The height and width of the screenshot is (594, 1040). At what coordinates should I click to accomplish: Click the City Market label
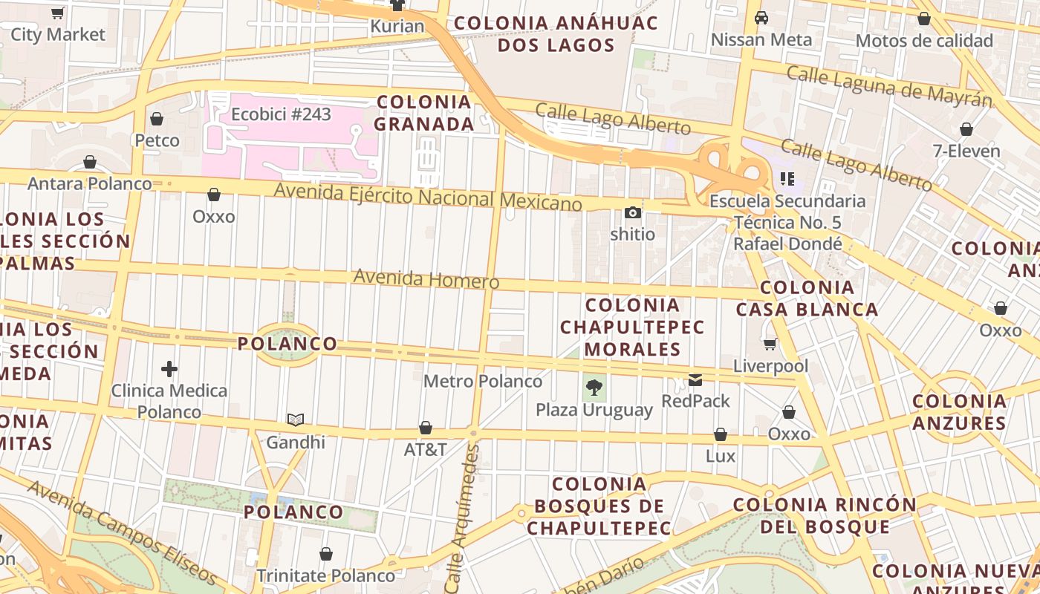click(x=58, y=34)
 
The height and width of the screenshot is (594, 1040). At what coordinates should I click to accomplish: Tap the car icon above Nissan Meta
click(x=761, y=18)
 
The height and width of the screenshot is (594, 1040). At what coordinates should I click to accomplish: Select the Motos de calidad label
click(x=924, y=41)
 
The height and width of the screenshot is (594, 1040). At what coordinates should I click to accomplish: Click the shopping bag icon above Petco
click(x=157, y=119)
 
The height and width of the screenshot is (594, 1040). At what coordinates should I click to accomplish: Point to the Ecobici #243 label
click(x=281, y=114)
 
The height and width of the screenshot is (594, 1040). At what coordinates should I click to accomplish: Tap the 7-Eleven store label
click(x=966, y=151)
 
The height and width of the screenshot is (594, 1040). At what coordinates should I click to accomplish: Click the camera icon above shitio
click(x=633, y=213)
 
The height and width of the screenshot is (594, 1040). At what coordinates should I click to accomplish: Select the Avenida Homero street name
click(x=426, y=279)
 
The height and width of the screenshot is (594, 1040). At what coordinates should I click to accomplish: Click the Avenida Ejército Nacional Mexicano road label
click(x=428, y=197)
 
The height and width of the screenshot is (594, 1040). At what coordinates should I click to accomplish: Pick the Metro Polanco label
click(x=483, y=382)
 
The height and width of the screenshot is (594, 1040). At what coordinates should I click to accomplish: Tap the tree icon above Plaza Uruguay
click(x=594, y=386)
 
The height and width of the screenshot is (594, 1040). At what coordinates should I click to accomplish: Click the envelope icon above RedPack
click(x=695, y=380)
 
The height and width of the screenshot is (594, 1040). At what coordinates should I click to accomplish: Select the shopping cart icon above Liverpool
click(x=770, y=344)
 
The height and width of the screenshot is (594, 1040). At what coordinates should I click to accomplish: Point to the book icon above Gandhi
click(x=296, y=420)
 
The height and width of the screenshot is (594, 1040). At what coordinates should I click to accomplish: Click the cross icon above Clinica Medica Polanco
click(x=169, y=368)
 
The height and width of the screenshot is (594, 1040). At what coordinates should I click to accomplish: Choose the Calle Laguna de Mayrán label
click(x=889, y=85)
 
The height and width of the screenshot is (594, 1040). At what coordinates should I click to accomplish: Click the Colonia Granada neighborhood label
click(x=424, y=113)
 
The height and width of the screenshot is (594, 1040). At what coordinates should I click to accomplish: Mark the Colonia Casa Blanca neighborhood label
click(x=807, y=298)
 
